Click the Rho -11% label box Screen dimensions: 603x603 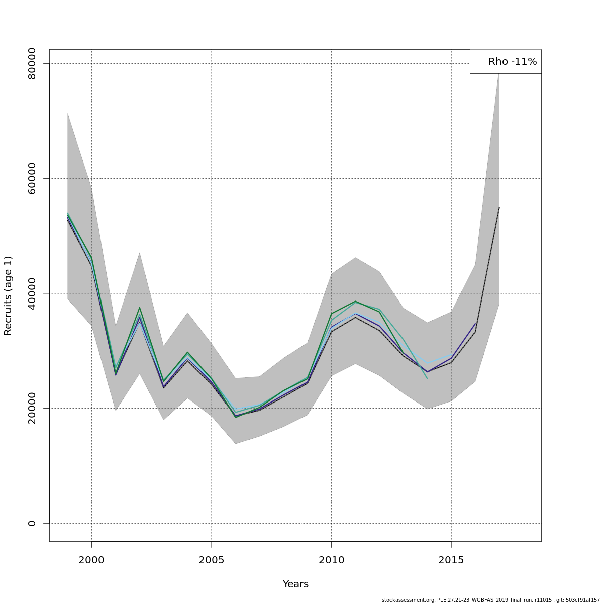[506, 61]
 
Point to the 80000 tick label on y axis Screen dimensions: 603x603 [32, 64]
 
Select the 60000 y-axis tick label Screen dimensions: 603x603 [32, 178]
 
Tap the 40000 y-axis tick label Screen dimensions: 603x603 [32, 293]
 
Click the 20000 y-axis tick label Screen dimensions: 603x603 [32, 408]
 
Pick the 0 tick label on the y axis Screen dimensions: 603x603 [32, 523]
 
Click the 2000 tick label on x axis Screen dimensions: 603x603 [91, 560]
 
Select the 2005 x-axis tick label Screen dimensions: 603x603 [212, 560]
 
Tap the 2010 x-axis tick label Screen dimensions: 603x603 [331, 560]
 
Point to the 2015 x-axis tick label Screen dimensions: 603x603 [451, 560]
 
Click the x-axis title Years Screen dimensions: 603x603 [295, 584]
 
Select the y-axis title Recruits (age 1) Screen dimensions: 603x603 [8, 295]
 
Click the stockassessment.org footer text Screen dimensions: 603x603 [490, 600]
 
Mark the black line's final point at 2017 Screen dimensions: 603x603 [499, 207]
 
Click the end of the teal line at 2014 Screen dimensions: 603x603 [427, 378]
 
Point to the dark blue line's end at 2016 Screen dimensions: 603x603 [475, 324]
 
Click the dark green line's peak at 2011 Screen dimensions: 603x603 [355, 301]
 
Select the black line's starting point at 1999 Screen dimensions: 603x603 [68, 220]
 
